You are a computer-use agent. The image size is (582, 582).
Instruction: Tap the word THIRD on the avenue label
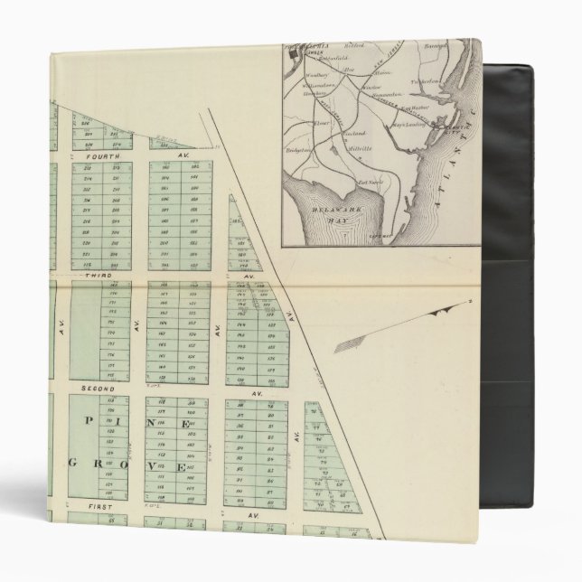tap(96, 274)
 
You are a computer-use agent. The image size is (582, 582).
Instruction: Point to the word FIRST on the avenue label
tap(92, 506)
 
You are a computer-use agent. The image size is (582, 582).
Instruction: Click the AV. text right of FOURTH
tap(182, 156)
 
